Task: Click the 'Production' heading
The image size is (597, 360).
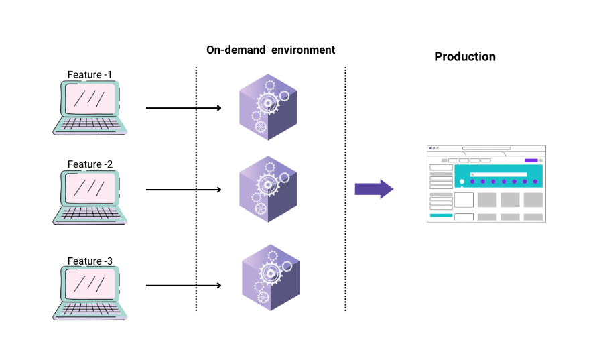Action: pos(465,57)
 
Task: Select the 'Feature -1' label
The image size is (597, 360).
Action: pos(90,74)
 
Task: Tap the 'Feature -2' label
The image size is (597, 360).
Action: pos(90,164)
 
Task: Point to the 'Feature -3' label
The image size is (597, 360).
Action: pos(90,261)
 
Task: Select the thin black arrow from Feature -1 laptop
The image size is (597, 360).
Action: pos(184,107)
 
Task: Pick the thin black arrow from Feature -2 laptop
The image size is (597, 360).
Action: pos(184,190)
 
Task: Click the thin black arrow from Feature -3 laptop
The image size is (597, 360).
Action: pos(184,286)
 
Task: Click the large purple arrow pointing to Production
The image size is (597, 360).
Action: pos(373,189)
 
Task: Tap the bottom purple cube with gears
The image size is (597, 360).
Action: pos(269,278)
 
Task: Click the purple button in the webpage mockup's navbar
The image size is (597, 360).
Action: pos(531,160)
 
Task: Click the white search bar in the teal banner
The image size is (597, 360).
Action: pos(499,174)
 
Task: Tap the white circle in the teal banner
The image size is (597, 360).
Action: pos(462,182)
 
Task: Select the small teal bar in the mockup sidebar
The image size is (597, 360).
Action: pos(441,215)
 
